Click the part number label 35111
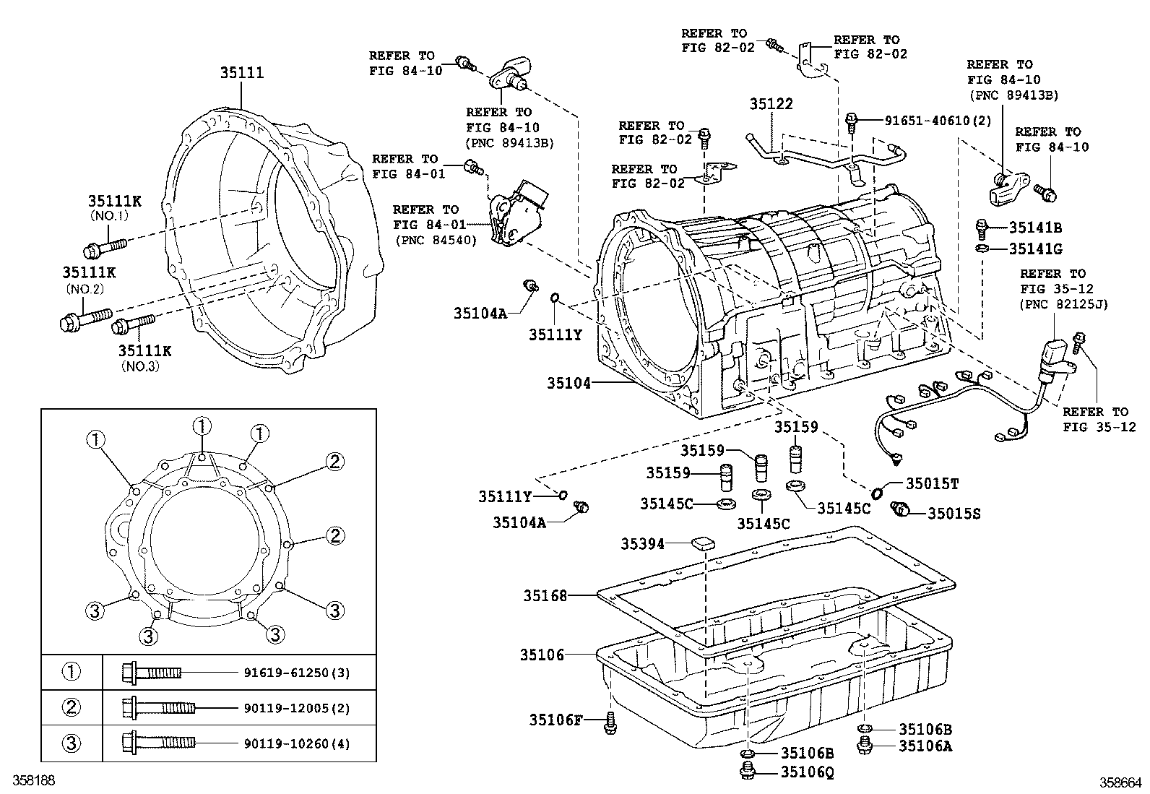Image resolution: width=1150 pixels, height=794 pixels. tap(242, 73)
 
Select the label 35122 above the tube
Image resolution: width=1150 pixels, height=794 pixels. tap(771, 104)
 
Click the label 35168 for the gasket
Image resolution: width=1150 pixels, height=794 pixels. tap(545, 596)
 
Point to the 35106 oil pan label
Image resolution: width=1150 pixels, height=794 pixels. tap(542, 655)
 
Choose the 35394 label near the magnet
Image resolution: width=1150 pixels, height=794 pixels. tap(643, 544)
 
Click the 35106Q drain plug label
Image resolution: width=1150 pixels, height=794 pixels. tap(807, 772)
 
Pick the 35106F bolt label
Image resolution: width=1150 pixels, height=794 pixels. tap(555, 720)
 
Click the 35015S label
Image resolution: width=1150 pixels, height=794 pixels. tap(954, 514)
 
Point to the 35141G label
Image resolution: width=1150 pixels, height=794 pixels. tap(1035, 249)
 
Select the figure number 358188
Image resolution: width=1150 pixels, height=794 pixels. tap(34, 781)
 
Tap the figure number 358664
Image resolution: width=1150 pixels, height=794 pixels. tap(1120, 782)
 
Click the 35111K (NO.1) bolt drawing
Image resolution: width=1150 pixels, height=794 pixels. tap(105, 247)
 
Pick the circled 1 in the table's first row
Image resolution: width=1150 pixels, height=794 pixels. tap(72, 673)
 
